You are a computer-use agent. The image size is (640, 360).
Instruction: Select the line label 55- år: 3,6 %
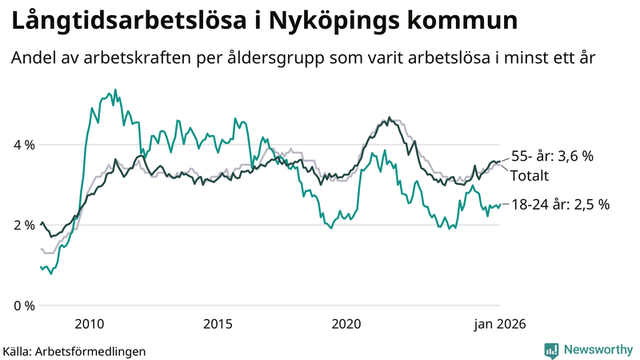click(551, 157)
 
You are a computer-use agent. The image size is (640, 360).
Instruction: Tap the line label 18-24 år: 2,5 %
click(560, 205)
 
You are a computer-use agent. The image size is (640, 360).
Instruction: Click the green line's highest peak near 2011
click(115, 90)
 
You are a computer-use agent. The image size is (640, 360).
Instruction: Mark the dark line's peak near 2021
click(390, 118)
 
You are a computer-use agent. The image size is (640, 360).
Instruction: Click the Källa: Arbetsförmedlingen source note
click(74, 350)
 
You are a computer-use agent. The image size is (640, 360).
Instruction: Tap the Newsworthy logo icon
click(551, 350)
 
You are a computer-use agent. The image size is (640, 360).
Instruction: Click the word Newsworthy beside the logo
click(598, 350)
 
